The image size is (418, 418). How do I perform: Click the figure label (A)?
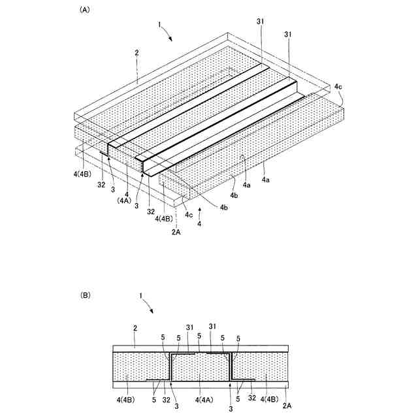[x=84, y=10]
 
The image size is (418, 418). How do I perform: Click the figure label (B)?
[x=85, y=295]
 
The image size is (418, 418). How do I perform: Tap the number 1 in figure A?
[x=159, y=25]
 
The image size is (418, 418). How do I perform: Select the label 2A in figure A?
[x=176, y=231]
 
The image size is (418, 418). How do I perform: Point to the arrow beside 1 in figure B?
[x=150, y=306]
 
